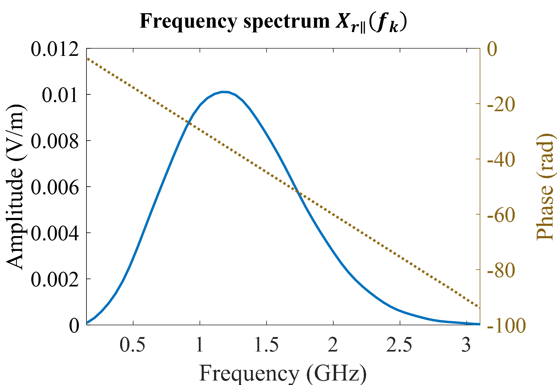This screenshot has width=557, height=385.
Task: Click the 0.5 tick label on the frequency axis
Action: [132, 344]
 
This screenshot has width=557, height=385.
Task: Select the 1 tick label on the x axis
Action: [200, 344]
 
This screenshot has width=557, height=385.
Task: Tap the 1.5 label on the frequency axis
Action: [267, 344]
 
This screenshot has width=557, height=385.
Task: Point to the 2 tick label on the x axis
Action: [333, 344]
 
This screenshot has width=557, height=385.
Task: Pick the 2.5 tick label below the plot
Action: [399, 344]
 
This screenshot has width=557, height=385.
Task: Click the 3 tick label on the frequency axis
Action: [466, 344]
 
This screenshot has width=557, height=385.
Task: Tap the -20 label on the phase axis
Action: [501, 105]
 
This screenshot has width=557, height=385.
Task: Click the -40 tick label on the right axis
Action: [501, 160]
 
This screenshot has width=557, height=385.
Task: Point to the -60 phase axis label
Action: [501, 215]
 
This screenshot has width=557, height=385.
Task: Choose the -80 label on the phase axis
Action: [501, 270]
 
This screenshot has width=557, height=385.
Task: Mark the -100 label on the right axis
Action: [506, 326]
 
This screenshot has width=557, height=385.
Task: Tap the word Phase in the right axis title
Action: [545, 212]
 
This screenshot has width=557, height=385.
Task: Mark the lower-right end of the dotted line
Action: [478, 307]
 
